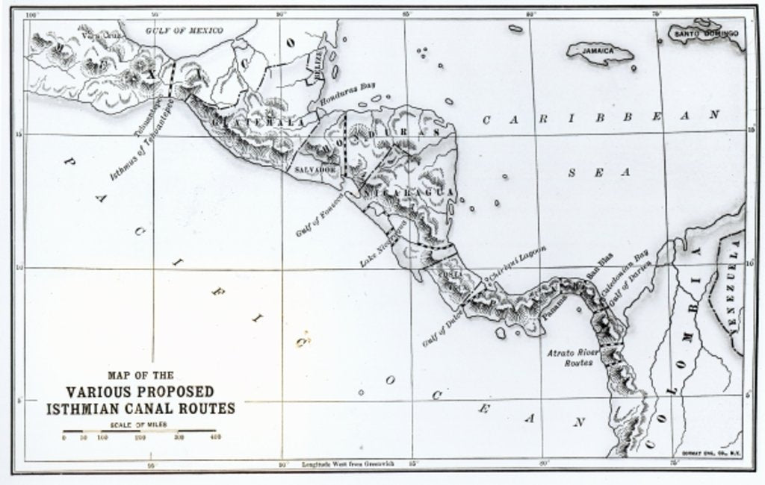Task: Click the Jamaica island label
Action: [599, 51]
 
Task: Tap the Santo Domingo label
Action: [705, 34]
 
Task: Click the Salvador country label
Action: [313, 170]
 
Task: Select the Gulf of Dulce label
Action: [442, 329]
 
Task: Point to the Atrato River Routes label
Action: [572, 357]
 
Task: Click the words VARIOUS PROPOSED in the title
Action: [140, 392]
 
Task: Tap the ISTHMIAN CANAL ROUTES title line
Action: [140, 408]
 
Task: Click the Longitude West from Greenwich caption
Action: [347, 463]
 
